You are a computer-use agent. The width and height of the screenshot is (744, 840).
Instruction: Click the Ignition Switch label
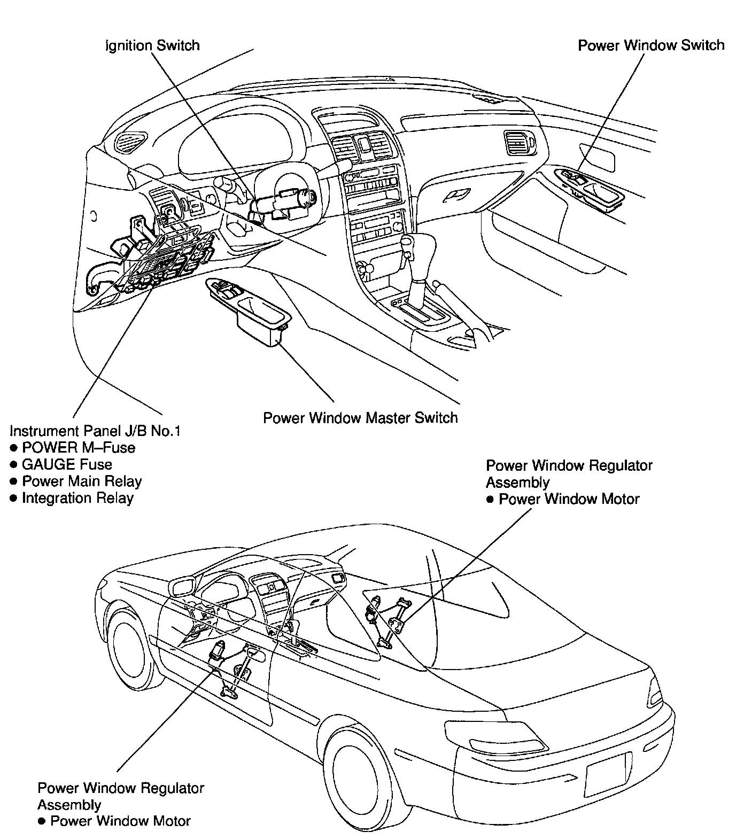pyautogui.click(x=153, y=45)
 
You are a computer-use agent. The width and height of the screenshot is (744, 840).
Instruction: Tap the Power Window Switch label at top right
pyautogui.click(x=651, y=45)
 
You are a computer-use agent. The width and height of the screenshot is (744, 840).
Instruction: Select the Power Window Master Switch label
pyautogui.click(x=360, y=417)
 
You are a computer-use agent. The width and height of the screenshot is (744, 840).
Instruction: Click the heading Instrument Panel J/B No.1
pyautogui.click(x=95, y=431)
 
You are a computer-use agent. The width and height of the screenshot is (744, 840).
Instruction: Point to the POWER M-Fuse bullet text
pyautogui.click(x=78, y=448)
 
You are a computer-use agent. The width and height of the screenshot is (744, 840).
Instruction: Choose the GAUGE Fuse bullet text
pyautogui.click(x=67, y=464)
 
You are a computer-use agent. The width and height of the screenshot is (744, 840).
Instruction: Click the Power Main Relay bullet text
pyautogui.click(x=81, y=481)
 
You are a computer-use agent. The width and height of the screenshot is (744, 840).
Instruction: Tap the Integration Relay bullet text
pyautogui.click(x=77, y=498)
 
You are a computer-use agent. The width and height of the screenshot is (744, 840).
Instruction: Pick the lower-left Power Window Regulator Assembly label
pyautogui.click(x=121, y=796)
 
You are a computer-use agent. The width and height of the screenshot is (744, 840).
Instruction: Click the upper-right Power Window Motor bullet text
pyautogui.click(x=569, y=499)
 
